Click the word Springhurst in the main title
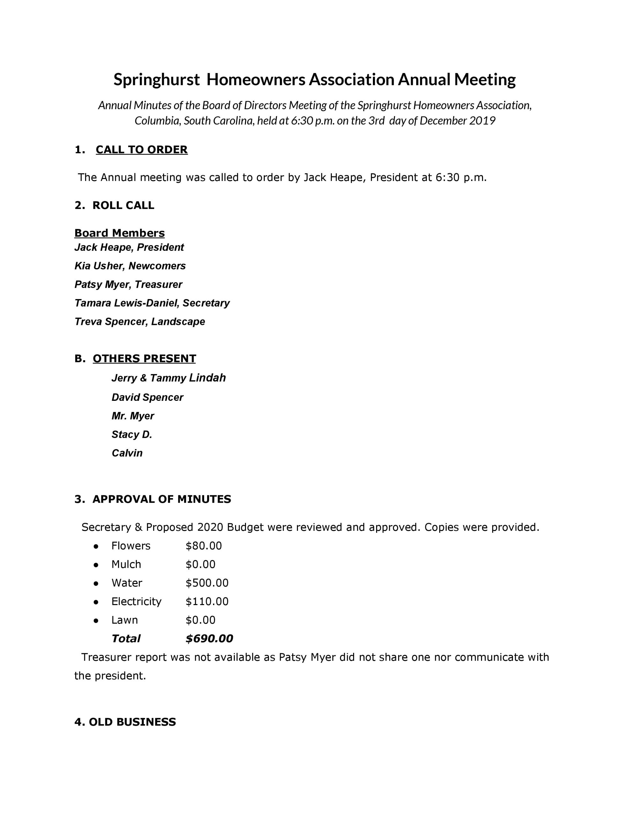click(156, 80)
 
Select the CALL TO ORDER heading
click(141, 150)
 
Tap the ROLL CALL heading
click(123, 206)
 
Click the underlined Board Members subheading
click(119, 233)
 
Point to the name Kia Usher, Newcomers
click(130, 266)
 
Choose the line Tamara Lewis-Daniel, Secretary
click(152, 303)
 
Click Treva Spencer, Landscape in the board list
click(139, 322)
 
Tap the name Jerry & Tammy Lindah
click(168, 378)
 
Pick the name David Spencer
click(147, 397)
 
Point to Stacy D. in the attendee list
click(132, 434)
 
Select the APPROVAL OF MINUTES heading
click(162, 499)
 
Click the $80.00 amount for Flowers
click(204, 546)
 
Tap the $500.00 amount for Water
click(207, 583)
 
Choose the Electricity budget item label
click(136, 602)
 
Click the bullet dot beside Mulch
click(96, 565)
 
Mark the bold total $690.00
click(209, 639)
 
